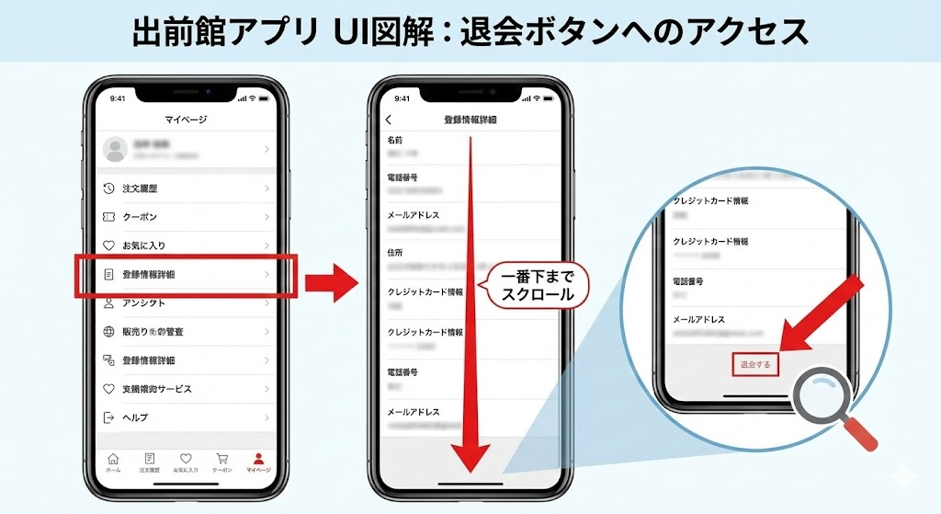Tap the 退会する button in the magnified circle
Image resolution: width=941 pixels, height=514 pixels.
[x=754, y=364]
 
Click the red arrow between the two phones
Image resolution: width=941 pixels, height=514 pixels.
[x=330, y=280]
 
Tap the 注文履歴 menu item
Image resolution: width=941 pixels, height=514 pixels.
[x=140, y=188]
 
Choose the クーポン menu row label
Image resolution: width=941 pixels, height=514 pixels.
[x=140, y=217]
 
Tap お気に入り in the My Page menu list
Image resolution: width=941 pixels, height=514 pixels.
[x=144, y=246]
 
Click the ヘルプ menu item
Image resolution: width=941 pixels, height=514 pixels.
[x=135, y=417]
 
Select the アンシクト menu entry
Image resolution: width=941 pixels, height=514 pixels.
[x=144, y=303]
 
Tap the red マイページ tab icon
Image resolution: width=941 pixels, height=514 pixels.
[x=258, y=458]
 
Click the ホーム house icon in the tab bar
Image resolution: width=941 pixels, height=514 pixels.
[x=113, y=459]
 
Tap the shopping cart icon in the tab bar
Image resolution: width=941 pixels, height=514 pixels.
[x=221, y=458]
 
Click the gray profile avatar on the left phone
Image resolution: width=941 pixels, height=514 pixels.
[x=115, y=149]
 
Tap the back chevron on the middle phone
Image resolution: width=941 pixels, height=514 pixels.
[x=389, y=120]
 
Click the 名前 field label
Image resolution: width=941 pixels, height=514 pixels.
[x=394, y=141]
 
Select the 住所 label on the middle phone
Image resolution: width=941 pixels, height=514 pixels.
[x=396, y=249]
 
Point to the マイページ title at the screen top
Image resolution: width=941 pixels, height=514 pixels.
[x=186, y=120]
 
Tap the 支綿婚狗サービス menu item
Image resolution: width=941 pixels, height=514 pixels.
[x=157, y=389]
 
